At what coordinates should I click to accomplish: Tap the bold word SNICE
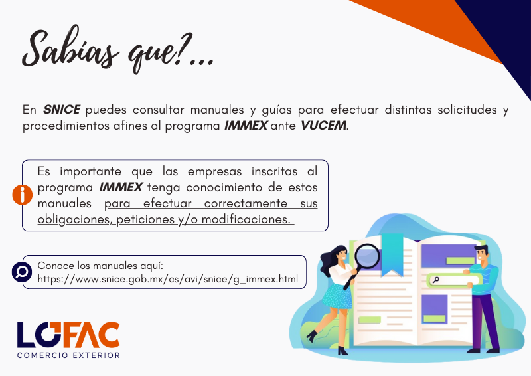coord(61,110)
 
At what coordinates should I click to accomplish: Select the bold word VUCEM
coord(323,126)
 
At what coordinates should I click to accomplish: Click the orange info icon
coord(23,195)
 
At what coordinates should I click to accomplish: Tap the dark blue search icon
coord(22,272)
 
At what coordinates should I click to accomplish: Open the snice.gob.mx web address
coord(168,279)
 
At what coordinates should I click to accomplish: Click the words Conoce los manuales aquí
coord(100,266)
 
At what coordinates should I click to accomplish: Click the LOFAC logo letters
coord(68,335)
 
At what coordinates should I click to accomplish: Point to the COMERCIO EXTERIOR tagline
coord(68,355)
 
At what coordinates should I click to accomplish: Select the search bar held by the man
coord(453,280)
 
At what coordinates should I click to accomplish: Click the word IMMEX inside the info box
coord(121,187)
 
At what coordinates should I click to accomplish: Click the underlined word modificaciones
coord(246,219)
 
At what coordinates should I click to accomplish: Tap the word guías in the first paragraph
coord(277,110)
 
